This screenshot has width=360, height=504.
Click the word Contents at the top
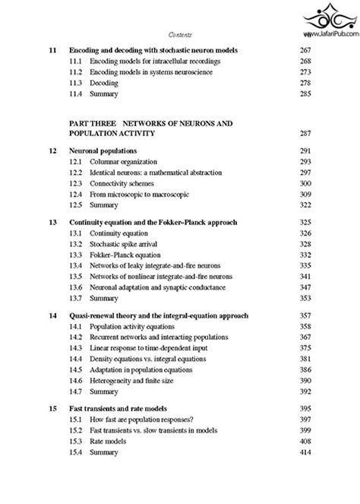[179, 34]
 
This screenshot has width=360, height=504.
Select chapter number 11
[52, 50]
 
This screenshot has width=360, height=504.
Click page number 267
[307, 50]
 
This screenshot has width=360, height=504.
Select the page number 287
[307, 133]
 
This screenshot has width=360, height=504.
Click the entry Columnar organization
[124, 162]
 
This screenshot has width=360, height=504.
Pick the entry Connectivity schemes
[125, 184]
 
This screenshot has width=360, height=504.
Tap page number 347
[307, 289]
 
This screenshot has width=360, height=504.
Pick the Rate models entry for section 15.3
[111, 442]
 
